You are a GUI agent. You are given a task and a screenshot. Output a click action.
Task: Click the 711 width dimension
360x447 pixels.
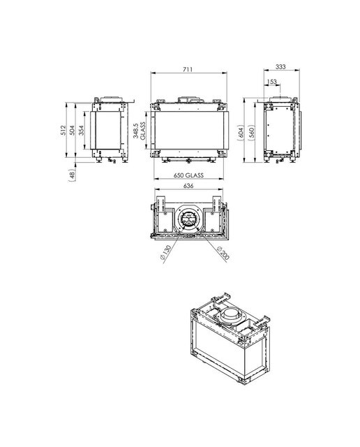(x=188, y=69)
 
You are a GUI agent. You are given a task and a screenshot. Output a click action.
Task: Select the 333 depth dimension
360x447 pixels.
(x=280, y=67)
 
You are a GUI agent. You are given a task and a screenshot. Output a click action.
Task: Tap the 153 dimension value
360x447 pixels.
(x=271, y=82)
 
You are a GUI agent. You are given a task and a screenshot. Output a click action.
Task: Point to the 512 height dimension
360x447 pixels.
(x=63, y=130)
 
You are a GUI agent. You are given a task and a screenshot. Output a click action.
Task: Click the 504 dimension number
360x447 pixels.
(x=72, y=130)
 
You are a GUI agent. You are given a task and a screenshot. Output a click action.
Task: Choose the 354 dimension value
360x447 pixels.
(x=81, y=130)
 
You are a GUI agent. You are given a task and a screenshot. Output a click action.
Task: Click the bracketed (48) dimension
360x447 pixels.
(x=72, y=174)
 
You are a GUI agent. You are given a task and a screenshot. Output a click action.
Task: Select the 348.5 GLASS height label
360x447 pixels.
(x=140, y=131)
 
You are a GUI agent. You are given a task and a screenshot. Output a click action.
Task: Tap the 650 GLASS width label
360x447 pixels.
(x=188, y=175)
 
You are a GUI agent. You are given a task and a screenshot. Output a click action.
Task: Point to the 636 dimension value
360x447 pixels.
(x=188, y=186)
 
